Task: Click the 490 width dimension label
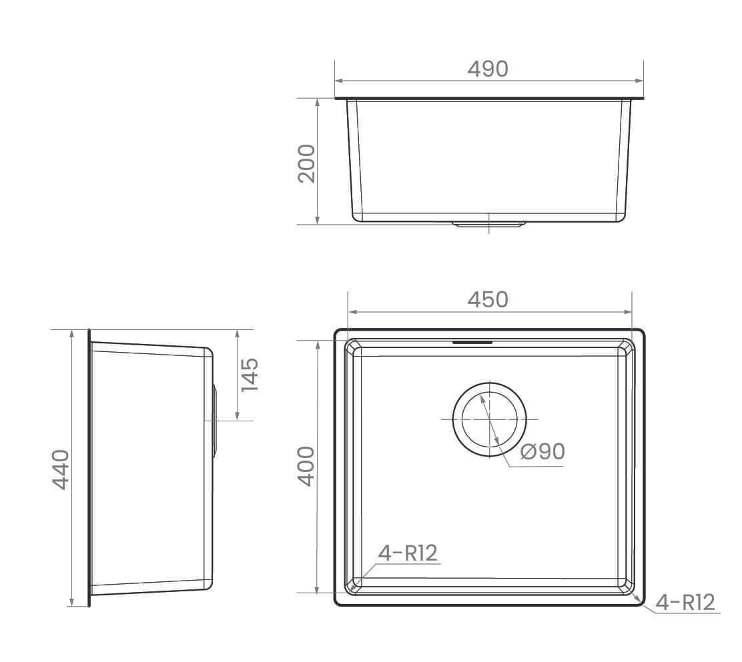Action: tap(488, 69)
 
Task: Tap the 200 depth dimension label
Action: tap(307, 163)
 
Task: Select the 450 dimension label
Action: tap(488, 300)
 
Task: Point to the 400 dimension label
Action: tap(306, 466)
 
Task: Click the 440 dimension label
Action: tap(61, 469)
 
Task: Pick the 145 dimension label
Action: tap(250, 375)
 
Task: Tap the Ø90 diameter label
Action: tap(542, 451)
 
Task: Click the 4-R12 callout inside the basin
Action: tap(408, 553)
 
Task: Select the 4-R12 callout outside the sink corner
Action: tap(685, 603)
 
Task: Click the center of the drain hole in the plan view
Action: tap(489, 419)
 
